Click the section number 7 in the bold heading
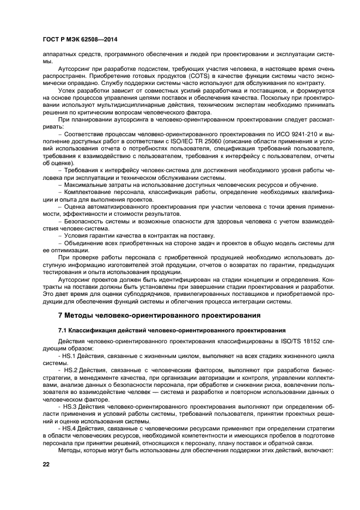(x=60, y=315)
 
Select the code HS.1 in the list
(x=71, y=355)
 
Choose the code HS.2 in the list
(x=71, y=370)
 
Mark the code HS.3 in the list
(x=71, y=406)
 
